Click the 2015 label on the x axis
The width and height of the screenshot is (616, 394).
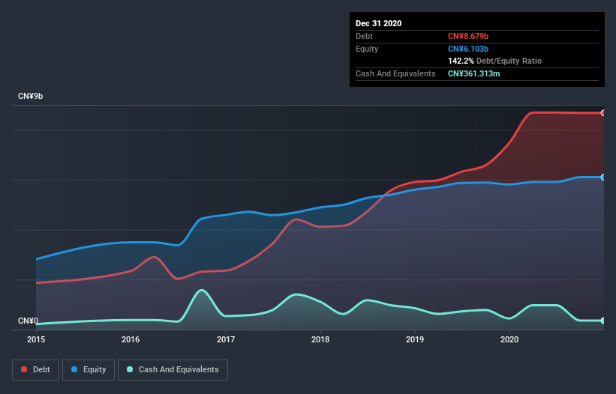click(x=36, y=340)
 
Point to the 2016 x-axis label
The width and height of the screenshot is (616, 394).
click(x=131, y=340)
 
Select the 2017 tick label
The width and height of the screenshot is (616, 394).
click(x=226, y=340)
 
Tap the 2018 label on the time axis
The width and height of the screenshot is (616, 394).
click(x=320, y=340)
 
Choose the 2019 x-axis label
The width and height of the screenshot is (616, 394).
click(x=415, y=340)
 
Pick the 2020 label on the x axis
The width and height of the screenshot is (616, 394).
click(x=509, y=340)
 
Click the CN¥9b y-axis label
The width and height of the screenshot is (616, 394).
click(x=30, y=97)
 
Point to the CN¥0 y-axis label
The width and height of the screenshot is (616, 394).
click(x=28, y=321)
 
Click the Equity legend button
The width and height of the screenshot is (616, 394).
click(x=89, y=369)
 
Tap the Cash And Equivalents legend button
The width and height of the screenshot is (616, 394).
click(x=173, y=369)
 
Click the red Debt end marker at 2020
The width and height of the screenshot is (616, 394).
click(x=603, y=113)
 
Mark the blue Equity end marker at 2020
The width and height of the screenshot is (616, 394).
click(x=603, y=178)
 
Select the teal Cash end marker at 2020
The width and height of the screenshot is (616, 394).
click(x=603, y=321)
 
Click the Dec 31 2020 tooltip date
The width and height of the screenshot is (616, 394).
click(x=379, y=23)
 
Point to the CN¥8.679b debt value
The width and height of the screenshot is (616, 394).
click(x=468, y=36)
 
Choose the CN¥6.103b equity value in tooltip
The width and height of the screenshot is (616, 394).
click(x=468, y=49)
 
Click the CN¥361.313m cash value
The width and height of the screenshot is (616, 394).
click(x=479, y=73)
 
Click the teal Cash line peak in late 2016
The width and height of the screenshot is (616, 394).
click(x=201, y=290)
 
